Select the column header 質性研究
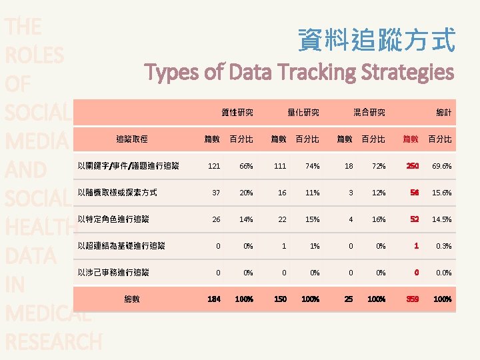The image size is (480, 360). tap(237, 113)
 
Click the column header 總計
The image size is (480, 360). tap(443, 113)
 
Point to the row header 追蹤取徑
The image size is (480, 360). tap(132, 139)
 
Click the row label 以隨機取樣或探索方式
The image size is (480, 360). tap(117, 192)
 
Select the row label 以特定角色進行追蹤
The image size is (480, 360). tap(113, 219)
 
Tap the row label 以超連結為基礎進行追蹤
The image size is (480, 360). tap(121, 245)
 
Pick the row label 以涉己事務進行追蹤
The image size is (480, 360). tap(113, 272)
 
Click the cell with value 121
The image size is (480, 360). tap(214, 166)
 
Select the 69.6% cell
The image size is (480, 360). tap(441, 166)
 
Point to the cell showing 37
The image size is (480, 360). tap(215, 193)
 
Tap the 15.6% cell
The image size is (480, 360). tap(441, 193)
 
